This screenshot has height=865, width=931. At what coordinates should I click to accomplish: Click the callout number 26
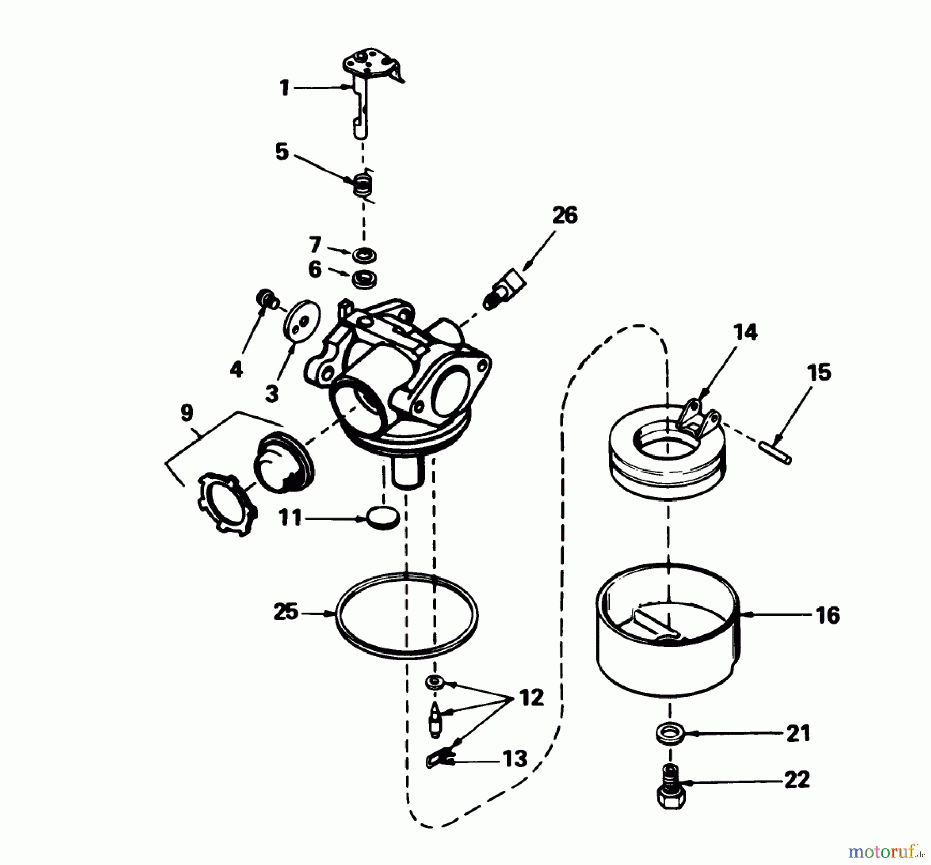click(x=564, y=215)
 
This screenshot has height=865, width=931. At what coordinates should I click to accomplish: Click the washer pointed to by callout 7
click(x=365, y=255)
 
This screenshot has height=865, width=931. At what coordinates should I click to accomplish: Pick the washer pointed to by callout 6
click(x=364, y=279)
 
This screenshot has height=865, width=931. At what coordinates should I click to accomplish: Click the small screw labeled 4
click(x=266, y=299)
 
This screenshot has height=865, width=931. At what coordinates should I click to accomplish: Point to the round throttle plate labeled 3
click(x=302, y=325)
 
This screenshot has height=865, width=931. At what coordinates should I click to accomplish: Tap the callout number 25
click(x=286, y=613)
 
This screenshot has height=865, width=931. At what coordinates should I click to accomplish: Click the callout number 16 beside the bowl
click(x=828, y=615)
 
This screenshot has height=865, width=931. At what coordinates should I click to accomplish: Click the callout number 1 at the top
click(x=284, y=88)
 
